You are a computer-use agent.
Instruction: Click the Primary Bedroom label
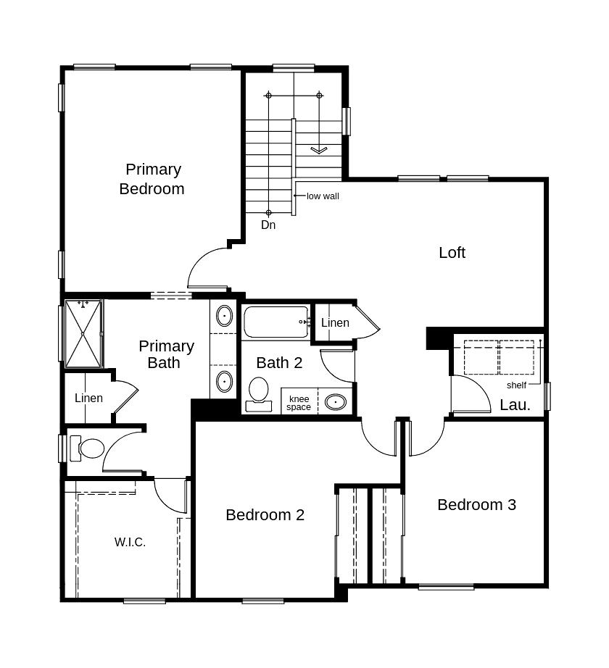(x=152, y=179)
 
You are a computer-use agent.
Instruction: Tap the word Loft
(x=452, y=253)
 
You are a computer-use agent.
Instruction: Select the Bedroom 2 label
(x=265, y=514)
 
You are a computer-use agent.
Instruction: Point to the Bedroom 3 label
(x=476, y=504)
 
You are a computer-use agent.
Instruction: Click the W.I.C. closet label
(x=130, y=543)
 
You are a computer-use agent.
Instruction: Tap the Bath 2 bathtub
(x=276, y=322)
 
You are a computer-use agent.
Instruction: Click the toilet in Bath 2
(x=259, y=394)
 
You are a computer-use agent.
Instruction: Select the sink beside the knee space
(x=336, y=401)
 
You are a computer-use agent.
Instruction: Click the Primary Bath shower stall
(x=83, y=333)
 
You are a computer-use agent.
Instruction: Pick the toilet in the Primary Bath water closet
(x=88, y=448)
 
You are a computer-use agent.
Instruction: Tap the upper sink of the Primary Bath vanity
(x=224, y=316)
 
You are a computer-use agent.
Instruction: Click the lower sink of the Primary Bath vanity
(x=224, y=381)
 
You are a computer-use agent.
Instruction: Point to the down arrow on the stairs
(x=319, y=149)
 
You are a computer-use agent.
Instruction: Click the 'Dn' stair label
(x=268, y=225)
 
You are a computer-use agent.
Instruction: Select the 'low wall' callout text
(x=323, y=196)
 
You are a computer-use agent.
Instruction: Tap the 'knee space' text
(x=299, y=403)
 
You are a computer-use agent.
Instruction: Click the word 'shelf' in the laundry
(x=516, y=385)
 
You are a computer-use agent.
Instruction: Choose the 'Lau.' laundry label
(x=515, y=405)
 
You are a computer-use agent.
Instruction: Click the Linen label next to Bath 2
(x=335, y=323)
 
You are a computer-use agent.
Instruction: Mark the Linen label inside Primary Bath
(x=88, y=398)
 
